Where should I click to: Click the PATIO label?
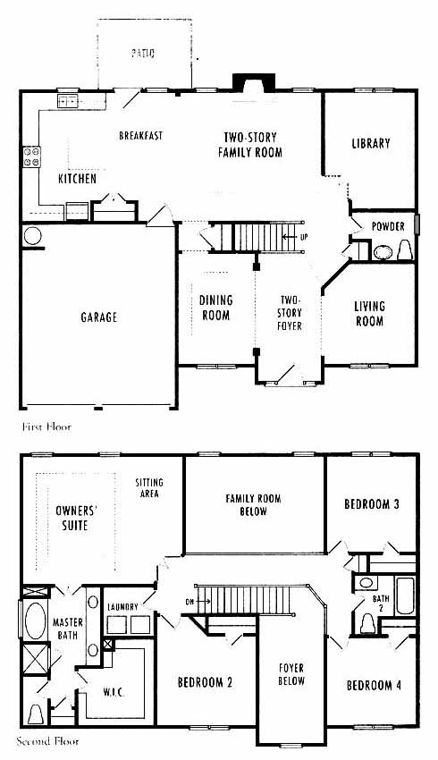tap(143, 53)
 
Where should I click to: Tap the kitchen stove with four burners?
tap(32, 156)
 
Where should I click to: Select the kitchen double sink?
tap(68, 101)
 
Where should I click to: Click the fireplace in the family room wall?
tap(254, 82)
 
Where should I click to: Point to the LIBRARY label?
tap(371, 143)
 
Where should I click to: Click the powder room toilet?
tap(405, 250)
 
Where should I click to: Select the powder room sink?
tap(383, 252)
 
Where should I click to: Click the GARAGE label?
tap(99, 317)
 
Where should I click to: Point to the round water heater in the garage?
tap(33, 236)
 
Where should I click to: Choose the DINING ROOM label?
tap(216, 308)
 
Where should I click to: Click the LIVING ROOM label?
tap(370, 314)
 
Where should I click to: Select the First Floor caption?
tap(46, 427)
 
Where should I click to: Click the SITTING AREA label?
tap(149, 488)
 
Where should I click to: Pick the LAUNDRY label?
tap(122, 606)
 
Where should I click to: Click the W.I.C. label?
tap(114, 692)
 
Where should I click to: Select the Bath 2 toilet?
tap(367, 623)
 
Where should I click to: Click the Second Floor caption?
tap(47, 741)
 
